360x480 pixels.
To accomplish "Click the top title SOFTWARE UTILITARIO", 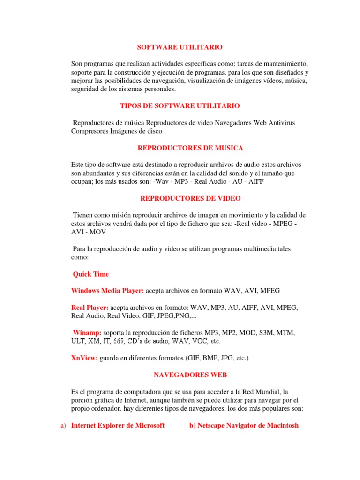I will pyautogui.click(x=180, y=47).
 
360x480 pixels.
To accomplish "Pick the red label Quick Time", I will pyautogui.click(x=90, y=274).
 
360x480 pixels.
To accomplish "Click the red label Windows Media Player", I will pyautogui.click(x=107, y=291).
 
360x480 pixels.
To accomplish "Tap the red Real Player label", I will pyautogui.click(x=90, y=307).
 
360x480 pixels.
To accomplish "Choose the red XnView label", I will pyautogui.click(x=84, y=358).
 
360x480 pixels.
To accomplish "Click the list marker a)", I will pyautogui.click(x=62, y=426).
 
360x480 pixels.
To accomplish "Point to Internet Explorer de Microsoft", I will pyautogui.click(x=118, y=426).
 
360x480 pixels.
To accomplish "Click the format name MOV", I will pyautogui.click(x=98, y=232).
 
